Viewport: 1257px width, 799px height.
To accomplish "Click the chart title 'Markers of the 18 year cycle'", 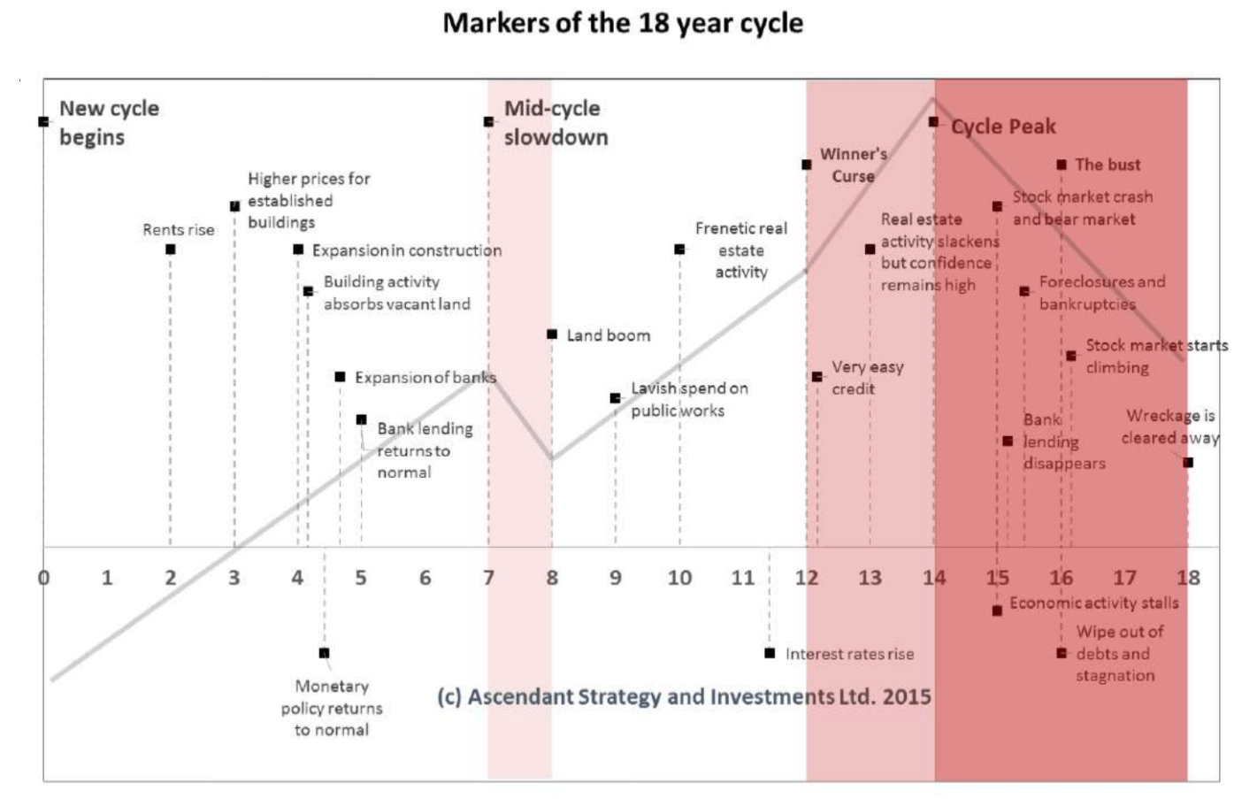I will coord(623,23).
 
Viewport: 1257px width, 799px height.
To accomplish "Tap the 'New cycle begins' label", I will coord(108,122).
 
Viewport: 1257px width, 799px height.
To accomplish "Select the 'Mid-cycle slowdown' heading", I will coord(556,122).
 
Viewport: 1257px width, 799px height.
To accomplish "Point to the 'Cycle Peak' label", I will coord(1003,127).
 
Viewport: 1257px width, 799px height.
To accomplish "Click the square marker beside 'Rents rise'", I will coord(171,250).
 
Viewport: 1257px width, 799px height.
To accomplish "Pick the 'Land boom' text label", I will coord(608,335).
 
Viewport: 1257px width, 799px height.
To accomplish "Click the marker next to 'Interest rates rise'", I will coord(770,653).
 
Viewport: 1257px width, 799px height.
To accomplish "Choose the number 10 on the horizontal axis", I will coord(679,578).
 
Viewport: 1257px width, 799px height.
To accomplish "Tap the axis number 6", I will coord(425,578).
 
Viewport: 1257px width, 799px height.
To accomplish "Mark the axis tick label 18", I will coord(1187,578).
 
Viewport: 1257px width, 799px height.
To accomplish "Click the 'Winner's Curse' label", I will coord(853,165).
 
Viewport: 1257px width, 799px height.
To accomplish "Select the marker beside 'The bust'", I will coord(1062,165).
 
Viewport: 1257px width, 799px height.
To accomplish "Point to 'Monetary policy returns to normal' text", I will coord(332,708).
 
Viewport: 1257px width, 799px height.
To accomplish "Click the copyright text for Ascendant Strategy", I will coord(684,696).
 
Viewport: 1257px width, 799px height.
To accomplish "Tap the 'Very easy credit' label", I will coord(867,378).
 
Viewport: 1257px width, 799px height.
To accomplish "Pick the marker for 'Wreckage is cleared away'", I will coord(1188,462).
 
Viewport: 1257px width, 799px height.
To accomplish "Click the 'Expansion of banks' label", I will coord(425,378).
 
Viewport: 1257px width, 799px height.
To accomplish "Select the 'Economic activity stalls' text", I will coord(1094,603).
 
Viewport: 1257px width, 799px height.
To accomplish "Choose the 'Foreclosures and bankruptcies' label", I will coord(1101,292).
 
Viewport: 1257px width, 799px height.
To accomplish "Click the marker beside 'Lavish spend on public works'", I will coord(616,398).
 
